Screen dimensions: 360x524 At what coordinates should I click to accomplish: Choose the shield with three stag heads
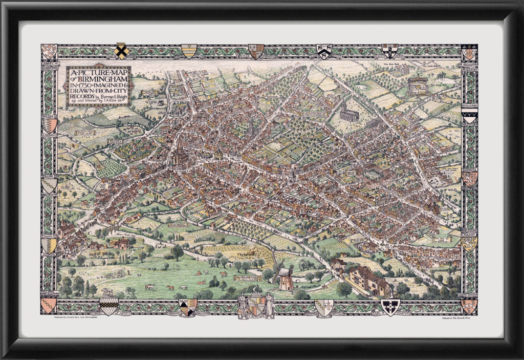pyautogui.click(x=323, y=51)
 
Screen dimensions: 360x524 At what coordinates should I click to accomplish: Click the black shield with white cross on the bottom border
pyautogui.click(x=390, y=307)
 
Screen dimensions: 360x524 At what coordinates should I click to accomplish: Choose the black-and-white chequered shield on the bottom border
pyautogui.click(x=108, y=306)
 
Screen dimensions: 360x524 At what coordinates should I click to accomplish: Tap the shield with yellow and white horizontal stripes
pyautogui.click(x=188, y=51)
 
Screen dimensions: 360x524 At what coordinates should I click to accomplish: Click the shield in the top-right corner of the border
pyautogui.click(x=468, y=52)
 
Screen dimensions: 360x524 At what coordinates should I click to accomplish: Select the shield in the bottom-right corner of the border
pyautogui.click(x=468, y=306)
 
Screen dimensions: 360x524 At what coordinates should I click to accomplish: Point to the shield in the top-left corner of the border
pyautogui.click(x=49, y=51)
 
